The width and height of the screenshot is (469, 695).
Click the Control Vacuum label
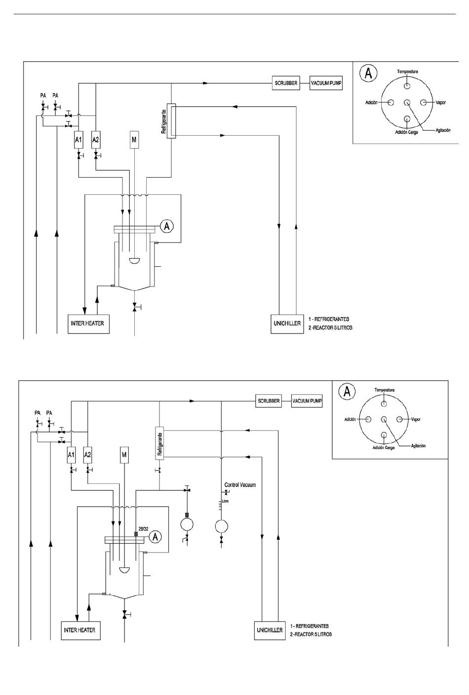240,485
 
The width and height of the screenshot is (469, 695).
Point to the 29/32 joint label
143,529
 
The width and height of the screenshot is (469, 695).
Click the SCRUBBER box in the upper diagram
286,83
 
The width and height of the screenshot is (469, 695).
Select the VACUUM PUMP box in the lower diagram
307,401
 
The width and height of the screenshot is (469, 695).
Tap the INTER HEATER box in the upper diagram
88,324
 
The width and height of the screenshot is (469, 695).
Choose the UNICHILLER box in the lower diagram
270,630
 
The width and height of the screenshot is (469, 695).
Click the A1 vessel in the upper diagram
78,140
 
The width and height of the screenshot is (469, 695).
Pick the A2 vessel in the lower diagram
87,455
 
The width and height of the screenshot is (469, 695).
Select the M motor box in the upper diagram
134,140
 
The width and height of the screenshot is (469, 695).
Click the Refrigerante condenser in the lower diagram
159,443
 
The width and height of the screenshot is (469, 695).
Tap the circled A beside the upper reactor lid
167,226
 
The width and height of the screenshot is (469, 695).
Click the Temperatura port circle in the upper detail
407,85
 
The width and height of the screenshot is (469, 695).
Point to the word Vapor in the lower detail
416,419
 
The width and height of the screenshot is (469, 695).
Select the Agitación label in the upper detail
443,130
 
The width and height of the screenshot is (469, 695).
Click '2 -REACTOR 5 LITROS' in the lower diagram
311,634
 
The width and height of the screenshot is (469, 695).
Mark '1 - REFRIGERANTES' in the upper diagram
329,319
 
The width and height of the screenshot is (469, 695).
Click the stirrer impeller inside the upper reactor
134,261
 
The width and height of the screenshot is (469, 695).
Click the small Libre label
226,501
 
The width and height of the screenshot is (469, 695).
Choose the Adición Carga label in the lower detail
384,448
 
